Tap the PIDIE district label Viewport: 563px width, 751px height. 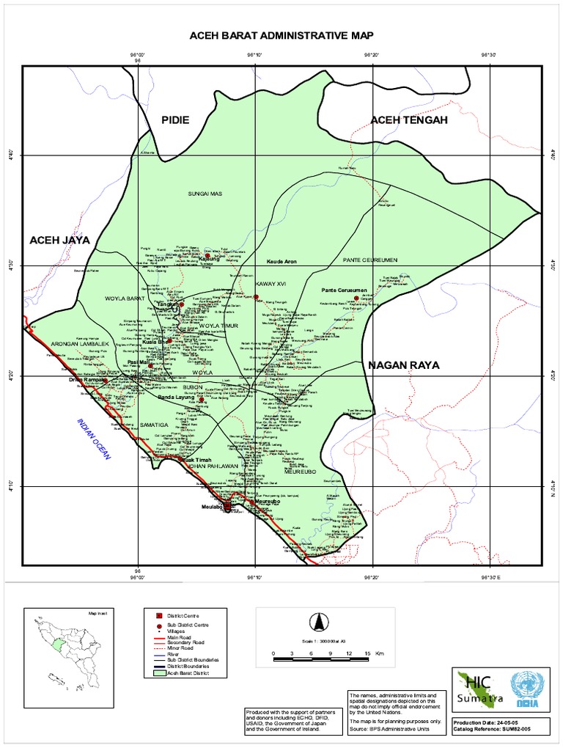180,120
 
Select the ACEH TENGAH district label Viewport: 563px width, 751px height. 408,120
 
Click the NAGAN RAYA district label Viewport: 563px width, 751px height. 402,364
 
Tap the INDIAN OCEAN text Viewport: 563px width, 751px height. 93,439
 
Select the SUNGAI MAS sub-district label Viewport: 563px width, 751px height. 205,194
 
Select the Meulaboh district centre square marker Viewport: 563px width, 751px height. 227,506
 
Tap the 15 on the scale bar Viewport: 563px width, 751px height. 364,652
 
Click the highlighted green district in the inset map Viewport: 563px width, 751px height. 58,645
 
